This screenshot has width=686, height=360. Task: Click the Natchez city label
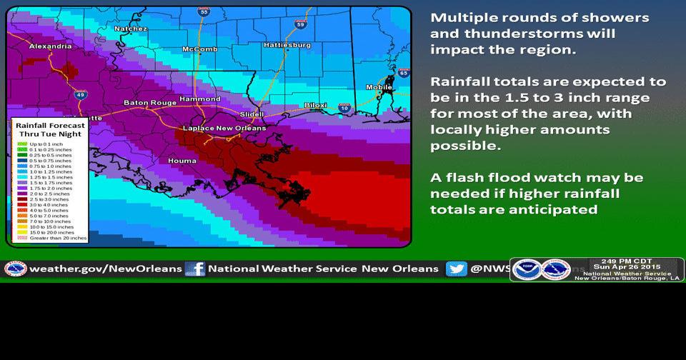(131, 29)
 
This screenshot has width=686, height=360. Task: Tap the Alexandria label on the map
(50, 46)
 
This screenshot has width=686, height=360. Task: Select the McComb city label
(200, 49)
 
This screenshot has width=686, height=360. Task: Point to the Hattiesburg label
(287, 45)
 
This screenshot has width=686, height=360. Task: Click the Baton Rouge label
(149, 103)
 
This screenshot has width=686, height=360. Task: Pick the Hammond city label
(200, 99)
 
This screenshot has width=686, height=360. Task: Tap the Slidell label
(251, 114)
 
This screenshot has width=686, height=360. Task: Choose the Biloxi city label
(315, 105)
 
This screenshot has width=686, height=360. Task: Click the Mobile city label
(379, 87)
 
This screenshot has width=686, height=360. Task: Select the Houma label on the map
(182, 161)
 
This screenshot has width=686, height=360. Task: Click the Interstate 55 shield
(205, 12)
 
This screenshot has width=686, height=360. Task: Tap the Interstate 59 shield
(300, 24)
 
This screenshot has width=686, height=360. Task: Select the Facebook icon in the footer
(195, 269)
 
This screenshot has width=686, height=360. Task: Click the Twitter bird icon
(456, 269)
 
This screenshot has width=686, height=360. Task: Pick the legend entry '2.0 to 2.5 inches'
(51, 194)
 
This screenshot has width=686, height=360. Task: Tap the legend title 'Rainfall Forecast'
(50, 125)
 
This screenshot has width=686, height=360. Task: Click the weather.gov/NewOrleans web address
(105, 269)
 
